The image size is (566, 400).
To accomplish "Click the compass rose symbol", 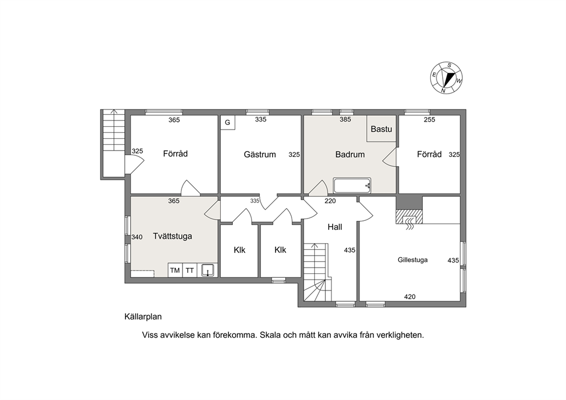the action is (446, 78).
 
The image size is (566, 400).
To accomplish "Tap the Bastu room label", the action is (381, 129).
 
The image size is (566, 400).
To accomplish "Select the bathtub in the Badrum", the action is (352, 185).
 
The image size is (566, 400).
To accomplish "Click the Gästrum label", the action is (260, 155).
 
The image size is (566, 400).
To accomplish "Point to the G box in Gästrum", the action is (228, 122).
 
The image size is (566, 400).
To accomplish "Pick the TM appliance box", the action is (175, 270).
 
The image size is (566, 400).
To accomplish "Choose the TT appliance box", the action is (189, 270).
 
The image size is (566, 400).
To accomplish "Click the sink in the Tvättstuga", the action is (208, 270).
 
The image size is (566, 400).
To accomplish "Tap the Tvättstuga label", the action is (172, 236).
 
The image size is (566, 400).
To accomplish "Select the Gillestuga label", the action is (413, 260).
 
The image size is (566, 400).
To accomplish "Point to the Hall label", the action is (334, 227).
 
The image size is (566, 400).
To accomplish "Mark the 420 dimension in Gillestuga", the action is (410, 297).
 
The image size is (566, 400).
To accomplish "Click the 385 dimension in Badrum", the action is (345, 119).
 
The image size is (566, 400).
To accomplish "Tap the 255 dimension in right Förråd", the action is (429, 119).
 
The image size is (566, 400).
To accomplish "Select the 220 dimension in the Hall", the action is (330, 201).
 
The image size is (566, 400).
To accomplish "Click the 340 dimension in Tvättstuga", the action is (137, 237).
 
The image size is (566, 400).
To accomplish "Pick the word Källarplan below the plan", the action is (143, 317).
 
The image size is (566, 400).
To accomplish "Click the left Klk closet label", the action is (239, 250).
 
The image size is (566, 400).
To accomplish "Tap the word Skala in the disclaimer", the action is (270, 335).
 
